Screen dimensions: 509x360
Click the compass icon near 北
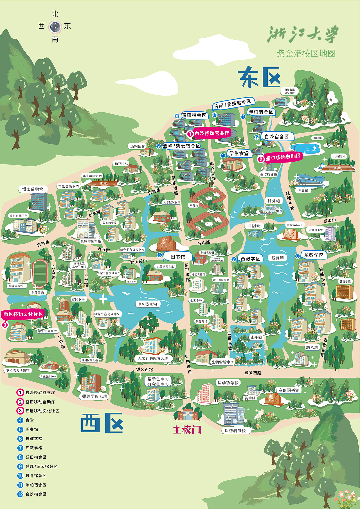[55, 27]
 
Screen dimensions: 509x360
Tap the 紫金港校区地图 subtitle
[306, 53]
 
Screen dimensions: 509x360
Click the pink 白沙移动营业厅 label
[212, 133]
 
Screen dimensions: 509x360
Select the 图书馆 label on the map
[178, 257]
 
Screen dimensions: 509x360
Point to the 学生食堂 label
[239, 153]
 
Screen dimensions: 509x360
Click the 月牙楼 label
[274, 201]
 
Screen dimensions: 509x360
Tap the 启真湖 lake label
[277, 258]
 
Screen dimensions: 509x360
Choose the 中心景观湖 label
[148, 304]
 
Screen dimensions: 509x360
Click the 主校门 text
[187, 430]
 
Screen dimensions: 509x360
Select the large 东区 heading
[259, 77]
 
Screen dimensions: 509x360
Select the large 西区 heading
[102, 423]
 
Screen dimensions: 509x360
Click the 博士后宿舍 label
[33, 189]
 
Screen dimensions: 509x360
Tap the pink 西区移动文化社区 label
[23, 314]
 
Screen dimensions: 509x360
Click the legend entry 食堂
[30, 420]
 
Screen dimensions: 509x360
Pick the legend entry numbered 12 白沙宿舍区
[36, 494]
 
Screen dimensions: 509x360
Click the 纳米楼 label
[312, 347]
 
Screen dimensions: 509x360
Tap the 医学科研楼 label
[235, 431]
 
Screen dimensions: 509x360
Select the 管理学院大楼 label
[95, 396]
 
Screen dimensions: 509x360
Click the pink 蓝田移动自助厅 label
[283, 157]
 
